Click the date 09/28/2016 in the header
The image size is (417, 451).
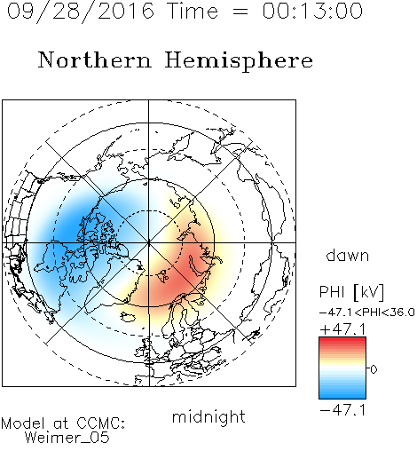point(81,12)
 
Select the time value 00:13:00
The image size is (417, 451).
point(312,11)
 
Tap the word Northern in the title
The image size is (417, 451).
point(95,59)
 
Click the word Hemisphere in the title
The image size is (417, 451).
point(239,61)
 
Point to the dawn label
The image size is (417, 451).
point(348,256)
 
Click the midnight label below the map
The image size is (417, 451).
point(208,416)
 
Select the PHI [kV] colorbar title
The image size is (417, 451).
point(351,292)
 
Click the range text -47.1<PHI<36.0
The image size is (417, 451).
point(366,313)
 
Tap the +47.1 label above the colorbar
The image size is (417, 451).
point(343,328)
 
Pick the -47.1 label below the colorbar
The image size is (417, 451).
point(343,410)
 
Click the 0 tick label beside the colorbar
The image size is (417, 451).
point(374,369)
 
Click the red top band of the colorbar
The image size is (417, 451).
point(342,340)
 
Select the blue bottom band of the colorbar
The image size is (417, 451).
point(342,395)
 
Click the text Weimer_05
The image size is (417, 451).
point(67,438)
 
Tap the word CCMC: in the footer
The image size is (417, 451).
point(101,423)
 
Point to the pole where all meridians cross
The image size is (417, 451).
point(149,242)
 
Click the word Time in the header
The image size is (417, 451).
point(193,11)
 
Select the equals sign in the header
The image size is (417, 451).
point(240,12)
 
